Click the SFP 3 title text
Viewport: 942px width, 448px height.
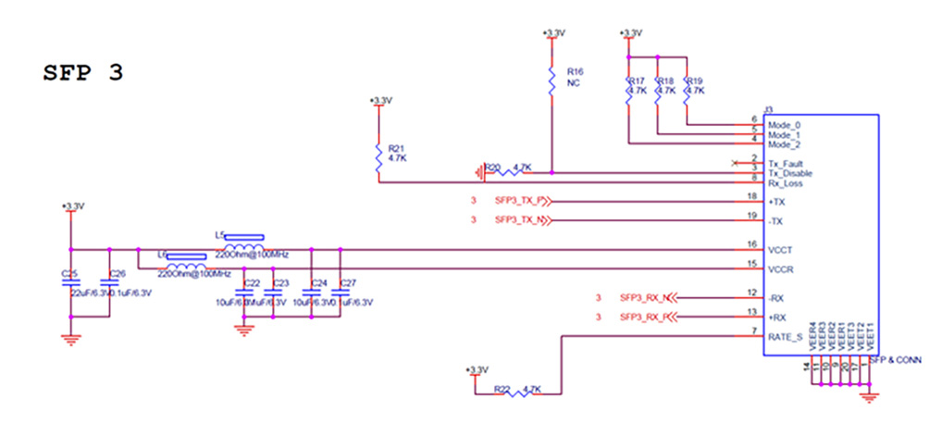[83, 74]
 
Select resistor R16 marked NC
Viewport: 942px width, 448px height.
[552, 81]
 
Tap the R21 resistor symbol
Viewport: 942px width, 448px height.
[378, 158]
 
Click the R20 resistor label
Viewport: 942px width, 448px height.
[493, 168]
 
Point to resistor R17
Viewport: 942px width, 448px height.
[629, 90]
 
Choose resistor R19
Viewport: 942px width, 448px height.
[688, 90]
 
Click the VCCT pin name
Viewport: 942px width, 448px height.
[779, 250]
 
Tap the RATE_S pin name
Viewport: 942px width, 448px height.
[784, 337]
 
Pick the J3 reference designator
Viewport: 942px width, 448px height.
[767, 108]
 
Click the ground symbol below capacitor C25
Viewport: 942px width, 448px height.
[70, 339]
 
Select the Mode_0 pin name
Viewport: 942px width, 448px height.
[784, 125]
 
